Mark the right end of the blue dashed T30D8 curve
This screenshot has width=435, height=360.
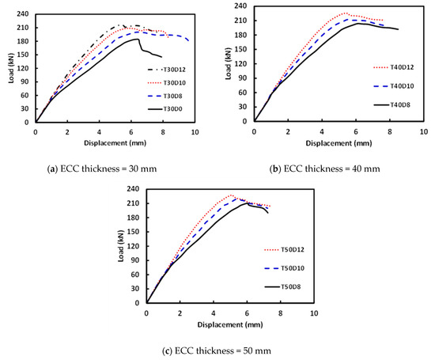pos(189,40)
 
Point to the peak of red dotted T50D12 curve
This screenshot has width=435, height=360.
pos(231,195)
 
